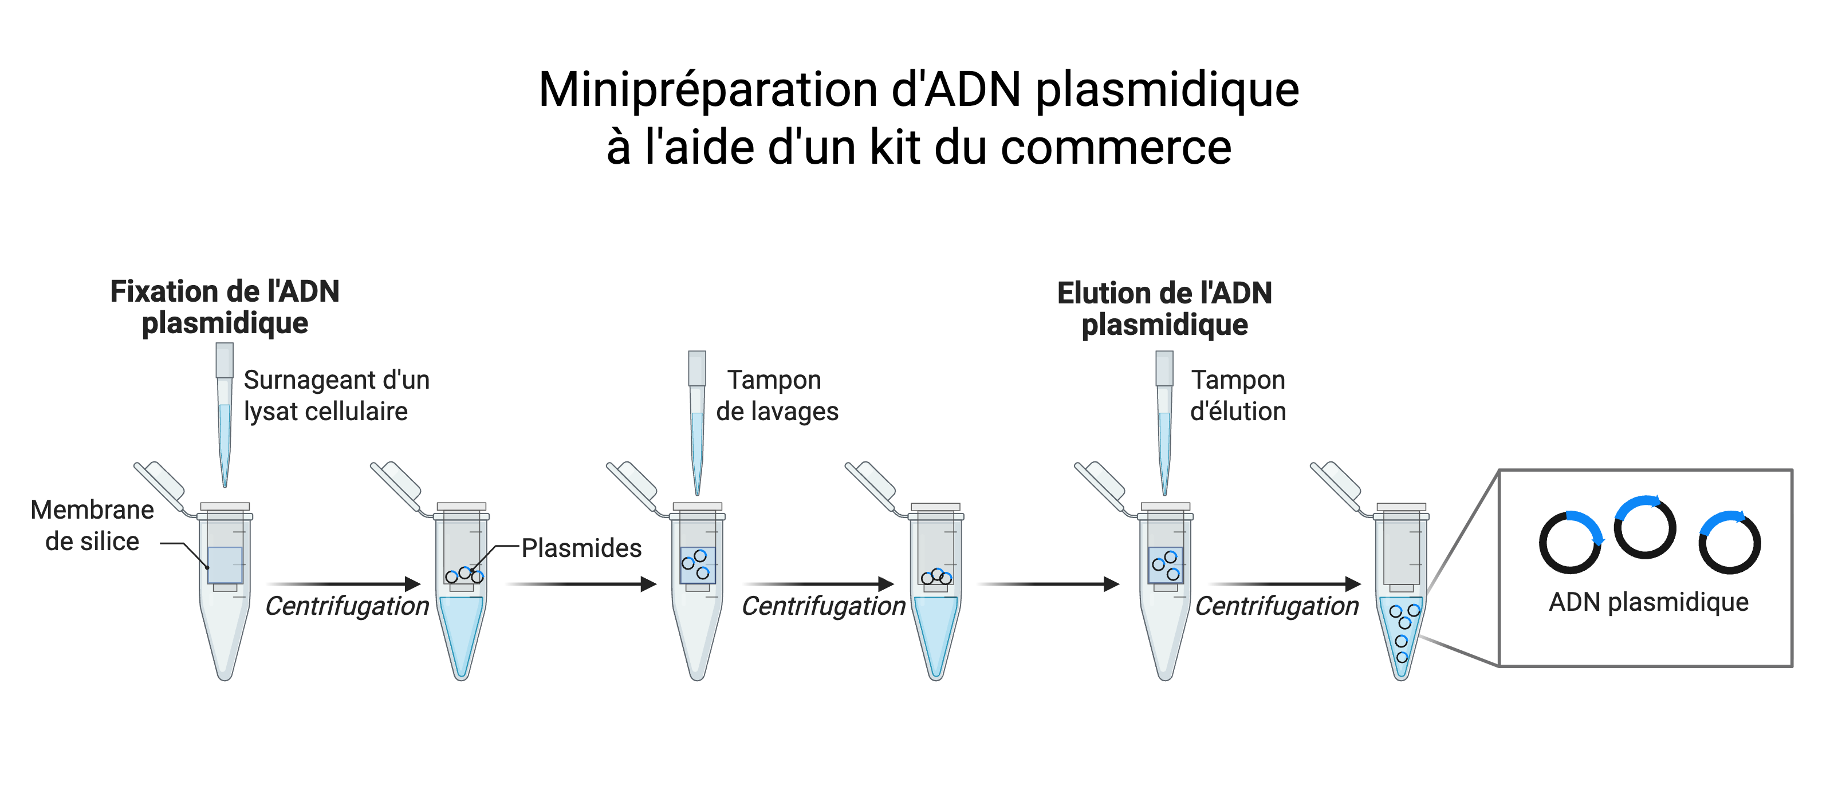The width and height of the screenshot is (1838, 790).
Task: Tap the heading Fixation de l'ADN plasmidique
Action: coord(225,307)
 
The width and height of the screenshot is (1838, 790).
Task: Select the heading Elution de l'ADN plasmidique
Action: coord(1164,308)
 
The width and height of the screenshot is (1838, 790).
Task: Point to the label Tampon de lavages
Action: coord(776,396)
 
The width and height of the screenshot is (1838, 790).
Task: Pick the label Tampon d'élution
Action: coord(1238,396)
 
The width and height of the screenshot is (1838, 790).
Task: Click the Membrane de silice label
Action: coord(92,526)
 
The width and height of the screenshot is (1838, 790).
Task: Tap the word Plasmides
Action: coord(581,548)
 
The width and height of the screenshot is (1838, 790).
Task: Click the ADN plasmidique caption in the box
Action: coord(1648,602)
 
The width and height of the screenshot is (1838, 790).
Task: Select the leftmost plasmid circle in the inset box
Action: coord(1570,543)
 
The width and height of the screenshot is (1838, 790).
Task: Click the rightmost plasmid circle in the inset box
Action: coord(1730,543)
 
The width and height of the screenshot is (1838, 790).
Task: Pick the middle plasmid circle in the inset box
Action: coord(1644,528)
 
